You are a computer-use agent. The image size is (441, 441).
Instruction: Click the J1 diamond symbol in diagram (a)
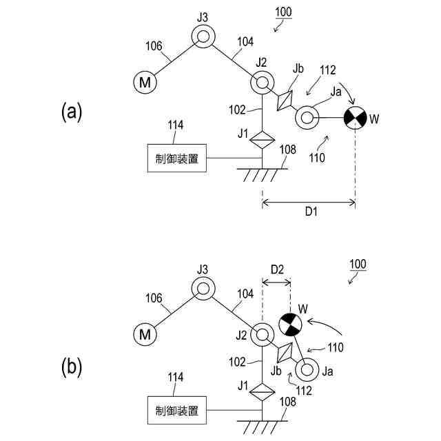(262, 140)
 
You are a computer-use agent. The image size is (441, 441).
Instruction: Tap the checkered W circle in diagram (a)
(356, 118)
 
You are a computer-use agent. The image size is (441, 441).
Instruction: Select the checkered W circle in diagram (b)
(290, 325)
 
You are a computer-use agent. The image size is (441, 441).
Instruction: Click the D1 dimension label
(311, 212)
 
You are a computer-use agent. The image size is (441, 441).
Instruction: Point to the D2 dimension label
(277, 269)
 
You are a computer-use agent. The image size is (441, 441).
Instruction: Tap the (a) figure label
(72, 112)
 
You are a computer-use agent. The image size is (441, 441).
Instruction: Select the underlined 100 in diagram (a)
(283, 12)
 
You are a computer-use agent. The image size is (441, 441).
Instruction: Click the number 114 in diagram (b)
(176, 377)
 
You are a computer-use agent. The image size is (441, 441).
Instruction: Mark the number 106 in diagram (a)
(154, 46)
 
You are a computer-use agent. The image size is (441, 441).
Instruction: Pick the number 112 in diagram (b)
(304, 391)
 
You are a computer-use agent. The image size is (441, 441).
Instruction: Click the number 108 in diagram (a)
(288, 150)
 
